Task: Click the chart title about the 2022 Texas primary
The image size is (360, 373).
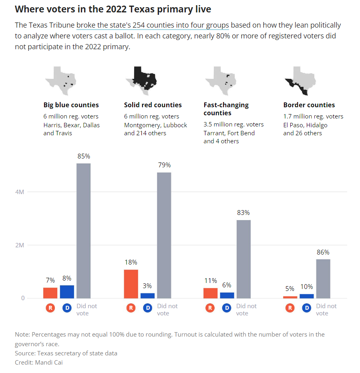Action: point(113,9)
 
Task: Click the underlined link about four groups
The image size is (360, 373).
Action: point(153,25)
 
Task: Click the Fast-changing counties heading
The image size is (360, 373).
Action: point(226,109)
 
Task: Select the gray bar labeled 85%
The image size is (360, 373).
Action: point(83,231)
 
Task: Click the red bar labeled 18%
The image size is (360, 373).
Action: point(131,284)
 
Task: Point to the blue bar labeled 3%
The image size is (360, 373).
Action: point(147,295)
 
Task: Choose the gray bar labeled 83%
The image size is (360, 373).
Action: point(243,259)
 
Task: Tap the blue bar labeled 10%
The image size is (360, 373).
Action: point(307,296)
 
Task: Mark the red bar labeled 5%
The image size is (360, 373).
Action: point(290,297)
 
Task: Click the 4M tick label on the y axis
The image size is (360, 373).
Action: point(20,192)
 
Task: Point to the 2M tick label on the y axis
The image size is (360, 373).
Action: point(20,245)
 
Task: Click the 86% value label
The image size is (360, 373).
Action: point(323,252)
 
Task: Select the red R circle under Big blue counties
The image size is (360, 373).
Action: point(50,308)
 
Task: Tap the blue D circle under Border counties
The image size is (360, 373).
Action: point(307,308)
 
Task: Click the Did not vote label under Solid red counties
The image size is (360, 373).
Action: point(167,309)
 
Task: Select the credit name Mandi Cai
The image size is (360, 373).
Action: point(48,363)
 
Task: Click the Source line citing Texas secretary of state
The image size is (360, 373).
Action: point(66,353)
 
